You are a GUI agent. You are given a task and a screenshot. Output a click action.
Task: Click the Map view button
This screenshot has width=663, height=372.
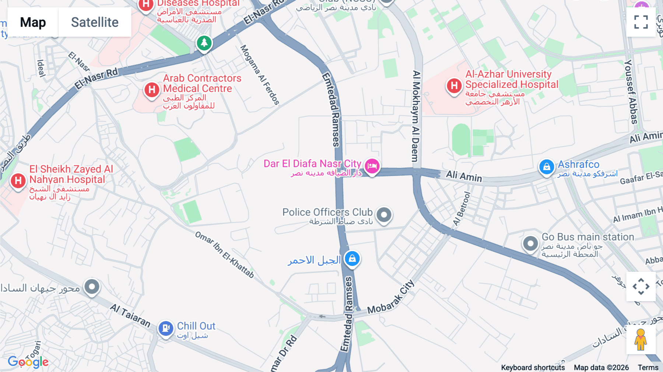(33, 22)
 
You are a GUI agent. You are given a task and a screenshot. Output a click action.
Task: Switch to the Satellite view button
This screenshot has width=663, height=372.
(95, 22)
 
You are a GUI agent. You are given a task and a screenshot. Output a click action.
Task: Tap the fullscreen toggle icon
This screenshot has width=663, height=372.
(641, 22)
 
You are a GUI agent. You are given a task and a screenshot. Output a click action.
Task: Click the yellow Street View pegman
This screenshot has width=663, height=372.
(641, 339)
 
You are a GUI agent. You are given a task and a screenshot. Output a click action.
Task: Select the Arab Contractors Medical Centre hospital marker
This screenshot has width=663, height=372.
(152, 90)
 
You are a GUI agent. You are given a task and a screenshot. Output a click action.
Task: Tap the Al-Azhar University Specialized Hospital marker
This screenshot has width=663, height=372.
(454, 86)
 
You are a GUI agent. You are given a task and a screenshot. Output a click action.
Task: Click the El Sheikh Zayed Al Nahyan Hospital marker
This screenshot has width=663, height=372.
(18, 181)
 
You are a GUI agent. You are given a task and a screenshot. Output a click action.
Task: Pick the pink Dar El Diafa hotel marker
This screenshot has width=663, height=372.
(372, 166)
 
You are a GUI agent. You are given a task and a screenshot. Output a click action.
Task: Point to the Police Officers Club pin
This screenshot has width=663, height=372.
(384, 214)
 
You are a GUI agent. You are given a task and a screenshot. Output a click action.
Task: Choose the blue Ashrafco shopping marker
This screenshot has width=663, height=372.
(547, 167)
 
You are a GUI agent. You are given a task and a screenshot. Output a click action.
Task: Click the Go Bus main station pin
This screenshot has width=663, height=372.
(530, 243)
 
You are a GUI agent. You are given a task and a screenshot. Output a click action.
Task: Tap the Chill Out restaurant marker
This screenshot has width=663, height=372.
(166, 327)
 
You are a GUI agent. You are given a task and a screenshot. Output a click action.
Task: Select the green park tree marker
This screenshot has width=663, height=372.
(204, 43)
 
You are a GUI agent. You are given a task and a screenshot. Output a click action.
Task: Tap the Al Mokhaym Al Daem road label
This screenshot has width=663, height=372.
(416, 116)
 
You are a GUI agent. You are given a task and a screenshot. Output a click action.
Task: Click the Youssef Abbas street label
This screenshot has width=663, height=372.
(631, 92)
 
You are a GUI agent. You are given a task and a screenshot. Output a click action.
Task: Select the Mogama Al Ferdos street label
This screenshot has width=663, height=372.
(260, 75)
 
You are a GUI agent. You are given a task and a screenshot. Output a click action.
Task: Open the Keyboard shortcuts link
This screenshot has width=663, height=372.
(533, 367)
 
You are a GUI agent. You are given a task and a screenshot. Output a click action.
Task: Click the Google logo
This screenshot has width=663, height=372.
(28, 362)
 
